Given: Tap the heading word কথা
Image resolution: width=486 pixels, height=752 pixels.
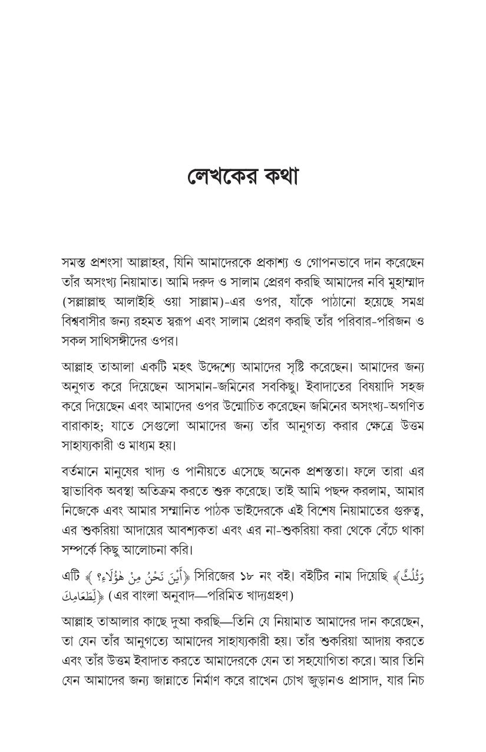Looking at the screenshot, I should (276, 176).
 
